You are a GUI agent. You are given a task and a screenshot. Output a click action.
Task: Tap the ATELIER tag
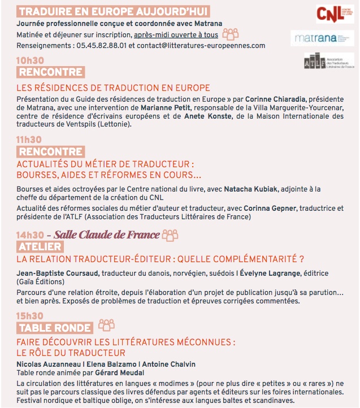coord(40,247)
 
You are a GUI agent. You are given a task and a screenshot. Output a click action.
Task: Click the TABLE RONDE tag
coord(55,328)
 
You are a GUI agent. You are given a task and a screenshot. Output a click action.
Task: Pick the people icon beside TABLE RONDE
coord(106,325)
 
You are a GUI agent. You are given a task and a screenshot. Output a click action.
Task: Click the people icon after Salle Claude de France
coord(170,235)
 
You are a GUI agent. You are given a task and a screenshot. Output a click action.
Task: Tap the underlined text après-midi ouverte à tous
coord(176,34)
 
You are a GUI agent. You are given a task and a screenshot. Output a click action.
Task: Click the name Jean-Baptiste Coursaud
coord(58,274)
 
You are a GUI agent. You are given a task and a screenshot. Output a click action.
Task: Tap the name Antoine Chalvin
coord(169,364)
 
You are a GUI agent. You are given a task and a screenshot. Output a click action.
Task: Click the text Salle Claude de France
coord(107,235)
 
